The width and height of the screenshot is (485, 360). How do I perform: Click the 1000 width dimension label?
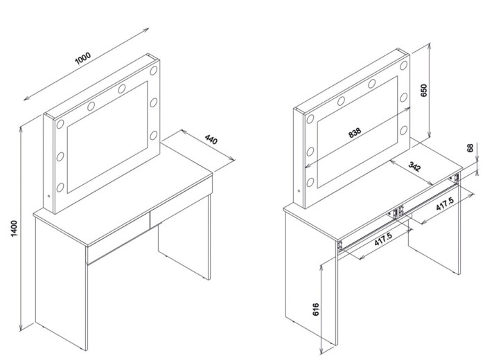point(83,58)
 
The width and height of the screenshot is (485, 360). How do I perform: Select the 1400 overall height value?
point(15,228)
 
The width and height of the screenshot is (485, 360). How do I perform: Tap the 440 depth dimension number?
point(211,139)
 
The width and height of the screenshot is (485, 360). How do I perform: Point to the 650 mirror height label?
point(424,90)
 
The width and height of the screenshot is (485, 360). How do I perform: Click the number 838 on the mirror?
point(355,132)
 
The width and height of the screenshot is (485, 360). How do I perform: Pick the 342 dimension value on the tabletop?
point(414,166)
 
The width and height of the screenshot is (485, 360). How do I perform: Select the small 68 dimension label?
point(470,147)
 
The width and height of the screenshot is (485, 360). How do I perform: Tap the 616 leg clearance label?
point(316,309)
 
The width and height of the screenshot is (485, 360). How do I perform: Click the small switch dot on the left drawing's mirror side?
point(49,196)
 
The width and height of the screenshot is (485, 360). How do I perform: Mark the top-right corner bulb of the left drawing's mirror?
point(154,71)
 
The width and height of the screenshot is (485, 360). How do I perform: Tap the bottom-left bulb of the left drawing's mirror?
point(60,187)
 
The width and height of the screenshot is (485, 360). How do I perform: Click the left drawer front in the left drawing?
point(118,237)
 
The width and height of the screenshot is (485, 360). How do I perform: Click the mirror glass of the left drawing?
point(107,137)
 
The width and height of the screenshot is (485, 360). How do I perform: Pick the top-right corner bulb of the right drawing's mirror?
point(404,66)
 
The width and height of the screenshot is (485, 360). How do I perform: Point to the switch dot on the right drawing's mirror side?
point(299,190)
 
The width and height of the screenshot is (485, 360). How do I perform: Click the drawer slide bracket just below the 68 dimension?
point(455,179)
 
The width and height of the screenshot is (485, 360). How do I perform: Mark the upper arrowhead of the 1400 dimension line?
point(21,129)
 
